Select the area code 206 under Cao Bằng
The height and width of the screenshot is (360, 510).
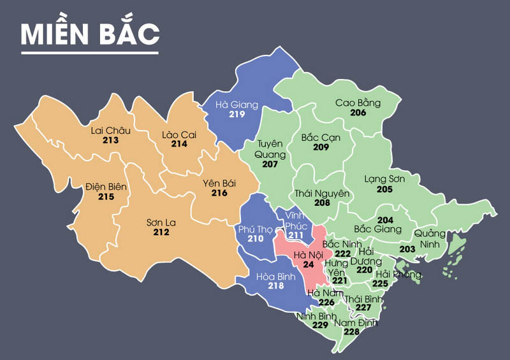click(x=358, y=113)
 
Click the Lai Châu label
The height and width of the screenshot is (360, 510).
click(x=110, y=131)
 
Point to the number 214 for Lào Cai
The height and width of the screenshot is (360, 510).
click(x=178, y=144)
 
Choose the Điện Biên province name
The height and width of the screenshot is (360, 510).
click(x=106, y=187)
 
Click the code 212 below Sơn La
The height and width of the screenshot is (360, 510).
click(x=161, y=233)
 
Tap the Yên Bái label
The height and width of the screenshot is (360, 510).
click(x=219, y=183)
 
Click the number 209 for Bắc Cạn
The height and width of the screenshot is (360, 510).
click(x=321, y=147)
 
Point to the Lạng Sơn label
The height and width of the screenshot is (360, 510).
click(x=384, y=180)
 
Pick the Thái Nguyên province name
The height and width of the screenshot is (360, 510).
click(x=322, y=193)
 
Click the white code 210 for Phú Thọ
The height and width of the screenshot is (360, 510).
click(x=255, y=239)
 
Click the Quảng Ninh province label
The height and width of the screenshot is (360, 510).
click(x=430, y=238)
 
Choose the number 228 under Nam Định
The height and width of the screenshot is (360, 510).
click(x=351, y=332)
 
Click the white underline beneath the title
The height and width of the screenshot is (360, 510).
click(x=90, y=52)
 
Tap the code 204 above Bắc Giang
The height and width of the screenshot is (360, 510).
click(x=385, y=219)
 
